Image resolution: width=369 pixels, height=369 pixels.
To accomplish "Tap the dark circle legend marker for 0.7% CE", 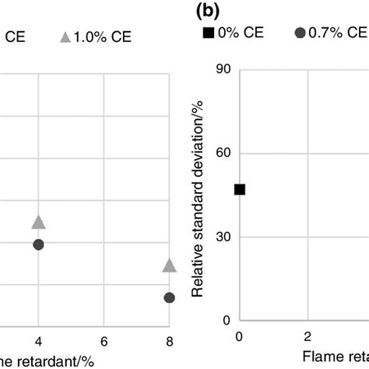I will [x=299, y=33].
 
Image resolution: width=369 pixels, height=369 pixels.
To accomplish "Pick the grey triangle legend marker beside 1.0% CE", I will [x=65, y=36].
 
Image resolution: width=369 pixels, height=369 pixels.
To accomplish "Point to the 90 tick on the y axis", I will [x=224, y=69].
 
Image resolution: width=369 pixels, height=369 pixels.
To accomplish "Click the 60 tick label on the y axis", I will [x=224, y=153].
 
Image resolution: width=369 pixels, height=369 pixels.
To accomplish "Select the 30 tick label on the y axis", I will [x=224, y=237].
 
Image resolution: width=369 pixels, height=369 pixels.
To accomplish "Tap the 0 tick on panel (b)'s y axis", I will [x=227, y=320].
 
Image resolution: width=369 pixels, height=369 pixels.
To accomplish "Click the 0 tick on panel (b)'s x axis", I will [x=239, y=336].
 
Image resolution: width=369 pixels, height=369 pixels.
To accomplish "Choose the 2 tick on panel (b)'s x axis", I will [x=307, y=336].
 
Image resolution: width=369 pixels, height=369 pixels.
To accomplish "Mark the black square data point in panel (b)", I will [x=239, y=189].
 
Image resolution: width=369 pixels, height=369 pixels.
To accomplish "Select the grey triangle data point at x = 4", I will [x=38, y=223].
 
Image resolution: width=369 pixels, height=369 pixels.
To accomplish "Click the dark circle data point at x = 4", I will [x=38, y=244].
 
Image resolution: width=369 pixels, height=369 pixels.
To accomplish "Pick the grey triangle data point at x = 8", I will [x=170, y=266].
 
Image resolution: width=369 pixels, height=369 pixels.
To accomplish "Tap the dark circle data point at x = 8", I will [x=170, y=297].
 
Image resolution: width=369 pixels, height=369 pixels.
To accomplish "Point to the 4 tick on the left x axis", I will [x=38, y=340].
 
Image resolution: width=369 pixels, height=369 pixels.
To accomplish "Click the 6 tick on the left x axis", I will [x=104, y=340].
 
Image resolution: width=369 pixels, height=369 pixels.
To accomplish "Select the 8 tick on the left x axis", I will [x=170, y=340].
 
